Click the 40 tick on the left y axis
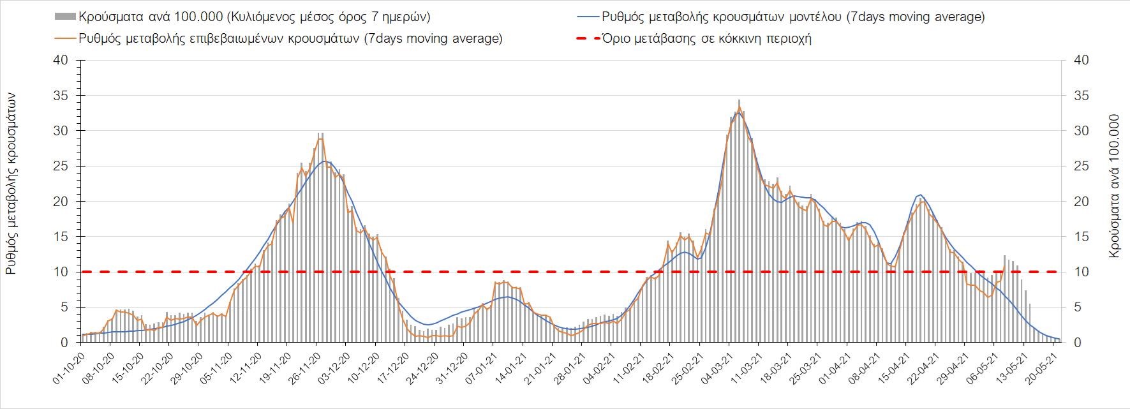point(61,61)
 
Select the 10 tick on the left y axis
point(61,272)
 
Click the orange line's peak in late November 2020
point(320,138)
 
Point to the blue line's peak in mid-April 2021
point(920,195)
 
